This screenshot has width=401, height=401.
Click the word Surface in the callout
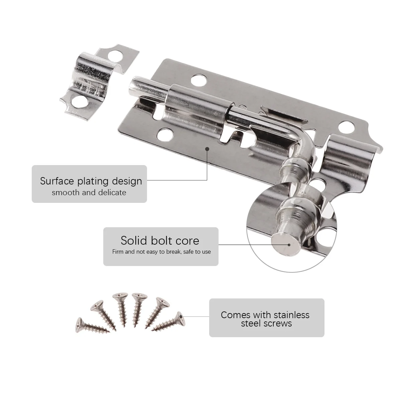coord(57,181)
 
